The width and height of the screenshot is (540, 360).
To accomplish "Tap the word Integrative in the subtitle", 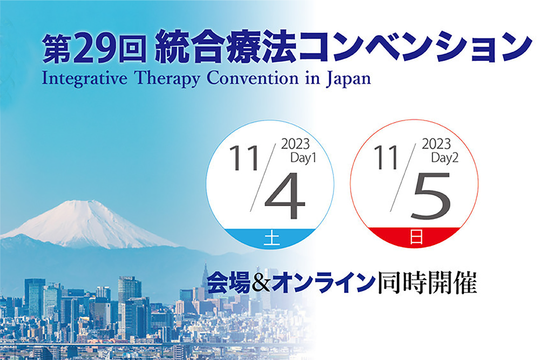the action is pyautogui.click(x=85, y=79).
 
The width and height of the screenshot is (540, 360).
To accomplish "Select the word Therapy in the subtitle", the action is pyautogui.click(x=167, y=79).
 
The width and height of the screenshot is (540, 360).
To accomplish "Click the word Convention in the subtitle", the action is pyautogui.click(x=252, y=79).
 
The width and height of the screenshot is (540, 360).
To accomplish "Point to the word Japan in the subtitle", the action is pyautogui.click(x=348, y=79).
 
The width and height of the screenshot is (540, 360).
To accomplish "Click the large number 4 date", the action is pyautogui.click(x=285, y=195).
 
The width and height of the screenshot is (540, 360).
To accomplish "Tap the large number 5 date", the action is pyautogui.click(x=431, y=196).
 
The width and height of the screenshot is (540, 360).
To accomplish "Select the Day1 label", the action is pyautogui.click(x=303, y=158).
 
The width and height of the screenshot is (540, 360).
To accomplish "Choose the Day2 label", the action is pyautogui.click(x=444, y=158).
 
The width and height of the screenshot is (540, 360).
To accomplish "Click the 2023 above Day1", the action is pyautogui.click(x=295, y=144).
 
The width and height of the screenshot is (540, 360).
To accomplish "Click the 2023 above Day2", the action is pyautogui.click(x=436, y=144).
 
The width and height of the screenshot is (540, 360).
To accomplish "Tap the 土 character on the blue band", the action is pyautogui.click(x=272, y=239).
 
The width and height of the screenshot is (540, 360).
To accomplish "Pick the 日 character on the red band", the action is pyautogui.click(x=416, y=238).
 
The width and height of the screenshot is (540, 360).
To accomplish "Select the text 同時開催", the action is pyautogui.click(x=427, y=283).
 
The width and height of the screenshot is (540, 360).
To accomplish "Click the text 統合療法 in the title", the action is pyautogui.click(x=226, y=49).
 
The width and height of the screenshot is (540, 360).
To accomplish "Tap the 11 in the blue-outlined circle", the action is pyautogui.click(x=244, y=158).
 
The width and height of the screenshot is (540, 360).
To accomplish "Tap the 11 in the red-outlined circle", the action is pyautogui.click(x=386, y=157).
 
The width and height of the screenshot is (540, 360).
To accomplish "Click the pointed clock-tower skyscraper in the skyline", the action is pyautogui.click(x=206, y=282).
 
